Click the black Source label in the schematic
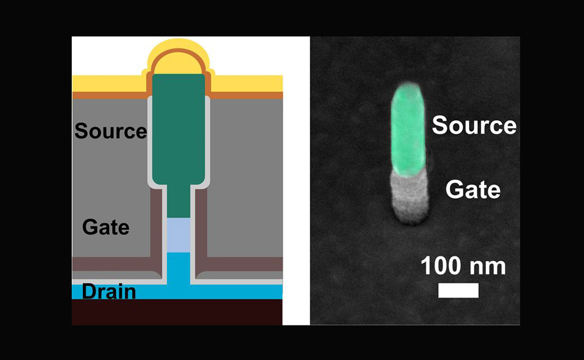pyautogui.click(x=110, y=131)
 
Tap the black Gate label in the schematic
pyautogui.click(x=106, y=227)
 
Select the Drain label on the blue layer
pyautogui.click(x=109, y=292)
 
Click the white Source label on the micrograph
pyautogui.click(x=474, y=125)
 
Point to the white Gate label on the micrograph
pyautogui.click(x=473, y=189)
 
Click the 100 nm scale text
pyautogui.click(x=463, y=266)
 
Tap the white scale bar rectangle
pyautogui.click(x=458, y=290)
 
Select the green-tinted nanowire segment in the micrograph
pyautogui.click(x=408, y=129)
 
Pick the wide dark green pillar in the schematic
pyautogui.click(x=178, y=129)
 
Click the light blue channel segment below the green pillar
pyautogui.click(x=178, y=235)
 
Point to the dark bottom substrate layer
pyautogui.click(x=177, y=312)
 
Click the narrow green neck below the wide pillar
pyautogui.click(x=178, y=201)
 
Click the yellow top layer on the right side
pyautogui.click(x=247, y=84)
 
